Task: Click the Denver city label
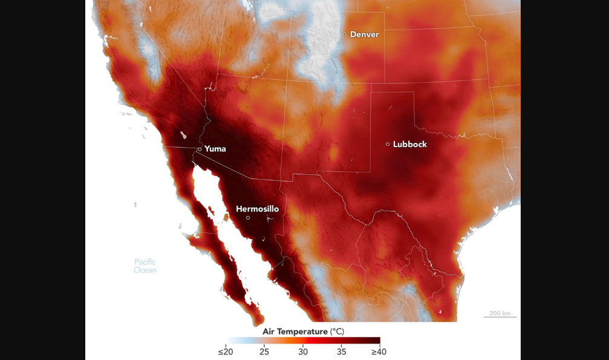pyautogui.click(x=364, y=34)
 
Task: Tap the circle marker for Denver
pyautogui.click(x=345, y=34)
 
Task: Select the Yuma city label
pyautogui.click(x=215, y=149)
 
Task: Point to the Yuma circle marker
pyautogui.click(x=200, y=149)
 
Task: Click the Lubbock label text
pyautogui.click(x=409, y=144)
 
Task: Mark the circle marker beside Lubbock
pyautogui.click(x=388, y=144)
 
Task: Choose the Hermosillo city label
pyautogui.click(x=257, y=209)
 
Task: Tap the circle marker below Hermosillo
pyautogui.click(x=248, y=218)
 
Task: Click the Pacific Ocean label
pyautogui.click(x=145, y=266)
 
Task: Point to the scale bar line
pyautogui.click(x=500, y=317)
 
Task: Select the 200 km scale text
pyautogui.click(x=500, y=313)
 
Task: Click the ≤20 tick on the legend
pyautogui.click(x=225, y=352)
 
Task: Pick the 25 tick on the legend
pyautogui.click(x=264, y=352)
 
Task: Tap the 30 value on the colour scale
pyautogui.click(x=302, y=352)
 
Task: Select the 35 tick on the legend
pyautogui.click(x=341, y=352)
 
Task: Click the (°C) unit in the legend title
pyautogui.click(x=336, y=332)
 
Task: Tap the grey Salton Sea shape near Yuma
pyautogui.click(x=183, y=136)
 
